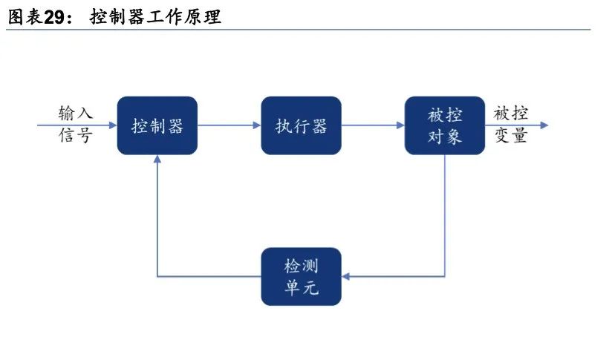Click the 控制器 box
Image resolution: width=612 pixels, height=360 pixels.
157,125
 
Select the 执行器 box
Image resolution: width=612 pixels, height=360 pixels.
301,125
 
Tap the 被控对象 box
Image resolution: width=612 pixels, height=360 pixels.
445,125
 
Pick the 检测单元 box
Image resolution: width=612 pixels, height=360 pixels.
301,277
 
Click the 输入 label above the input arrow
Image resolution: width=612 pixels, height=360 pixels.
76,113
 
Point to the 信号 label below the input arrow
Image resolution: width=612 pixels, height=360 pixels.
76,135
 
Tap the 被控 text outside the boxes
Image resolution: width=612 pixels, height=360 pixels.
511,113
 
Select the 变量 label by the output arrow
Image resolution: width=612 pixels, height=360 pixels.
511,135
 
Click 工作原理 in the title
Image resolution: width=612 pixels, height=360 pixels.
184,18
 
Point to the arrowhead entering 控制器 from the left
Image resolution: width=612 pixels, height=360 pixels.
113,125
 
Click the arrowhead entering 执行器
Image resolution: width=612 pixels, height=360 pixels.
257,125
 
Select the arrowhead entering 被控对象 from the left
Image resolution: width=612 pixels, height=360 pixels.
400,125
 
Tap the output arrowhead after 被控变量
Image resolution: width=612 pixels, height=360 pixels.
544,125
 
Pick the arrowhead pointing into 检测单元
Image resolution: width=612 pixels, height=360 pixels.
346,277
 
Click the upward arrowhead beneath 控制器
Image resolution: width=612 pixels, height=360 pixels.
157,159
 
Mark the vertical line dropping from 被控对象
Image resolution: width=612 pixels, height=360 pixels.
445,215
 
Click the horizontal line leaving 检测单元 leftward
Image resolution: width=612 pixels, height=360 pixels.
209,277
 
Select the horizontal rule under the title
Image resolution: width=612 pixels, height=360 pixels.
298,30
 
